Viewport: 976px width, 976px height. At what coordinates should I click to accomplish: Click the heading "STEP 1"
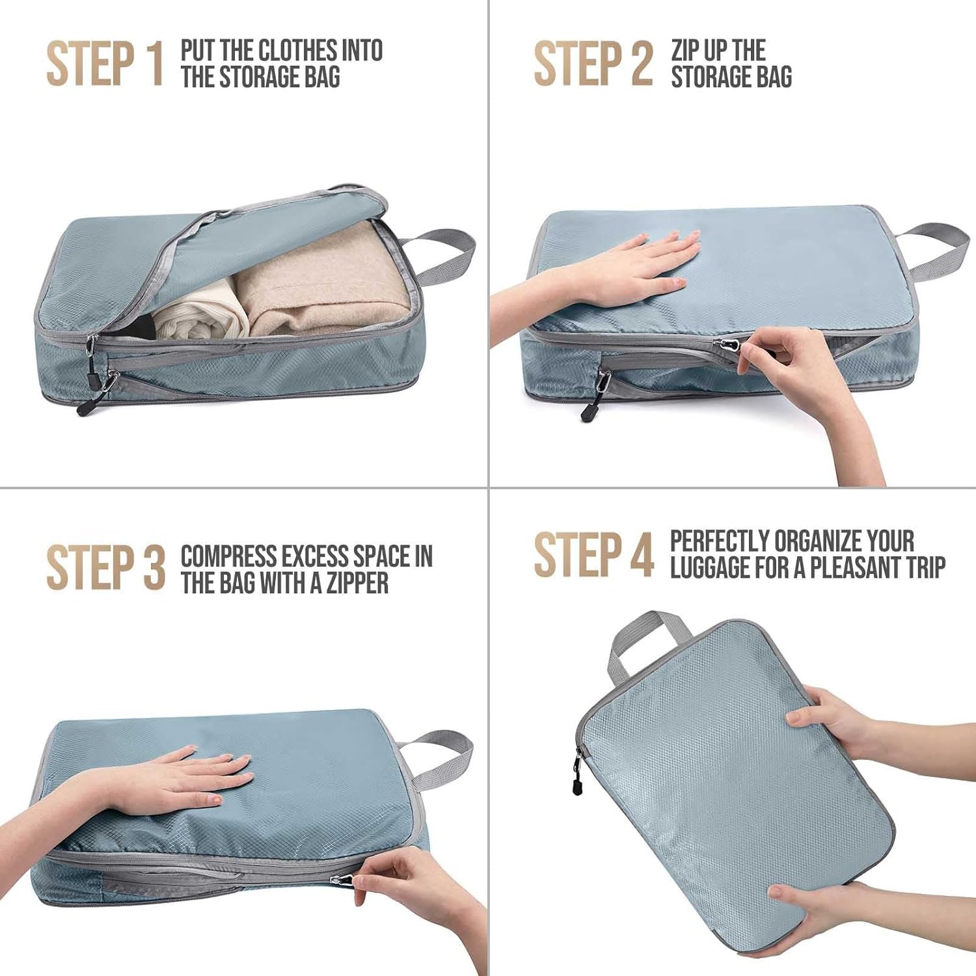pos(104,63)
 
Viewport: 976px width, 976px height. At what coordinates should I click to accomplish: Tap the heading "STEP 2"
pos(593,63)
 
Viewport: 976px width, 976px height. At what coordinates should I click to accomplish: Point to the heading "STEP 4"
pos(593,554)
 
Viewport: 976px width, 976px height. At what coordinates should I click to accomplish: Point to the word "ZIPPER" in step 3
pos(357,582)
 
